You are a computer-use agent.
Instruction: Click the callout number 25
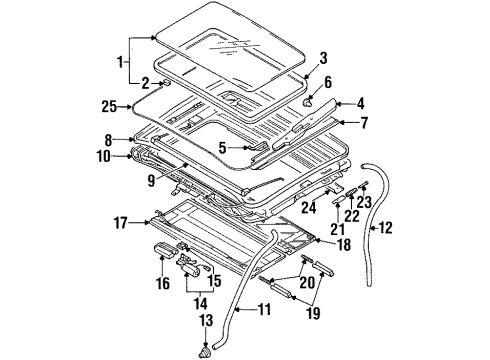(x=109, y=104)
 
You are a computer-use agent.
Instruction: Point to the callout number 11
(x=265, y=310)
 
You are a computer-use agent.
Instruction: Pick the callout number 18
(x=342, y=243)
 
